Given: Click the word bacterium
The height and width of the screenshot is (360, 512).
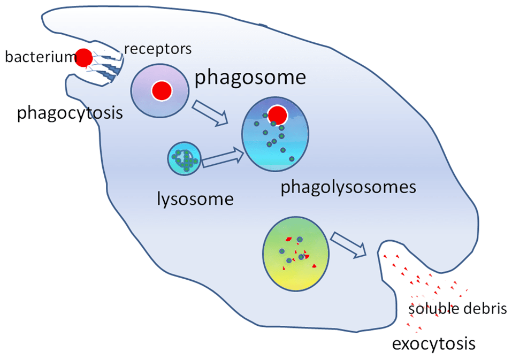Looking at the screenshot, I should click(39, 56).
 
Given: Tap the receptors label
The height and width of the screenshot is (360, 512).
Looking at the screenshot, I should click(157, 49).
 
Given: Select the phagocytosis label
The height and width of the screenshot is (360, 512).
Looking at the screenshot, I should click(70, 113).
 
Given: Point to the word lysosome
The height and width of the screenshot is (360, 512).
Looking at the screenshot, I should click(195, 199).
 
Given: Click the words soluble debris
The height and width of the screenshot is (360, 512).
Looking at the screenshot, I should click(457, 309).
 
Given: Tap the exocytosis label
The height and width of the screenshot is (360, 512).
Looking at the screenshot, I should click(433, 343).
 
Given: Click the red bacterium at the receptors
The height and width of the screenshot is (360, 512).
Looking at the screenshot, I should click(83, 58).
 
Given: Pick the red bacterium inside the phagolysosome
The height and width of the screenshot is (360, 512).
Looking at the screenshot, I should click(277, 114).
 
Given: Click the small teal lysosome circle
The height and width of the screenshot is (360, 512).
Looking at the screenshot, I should click(185, 159).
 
